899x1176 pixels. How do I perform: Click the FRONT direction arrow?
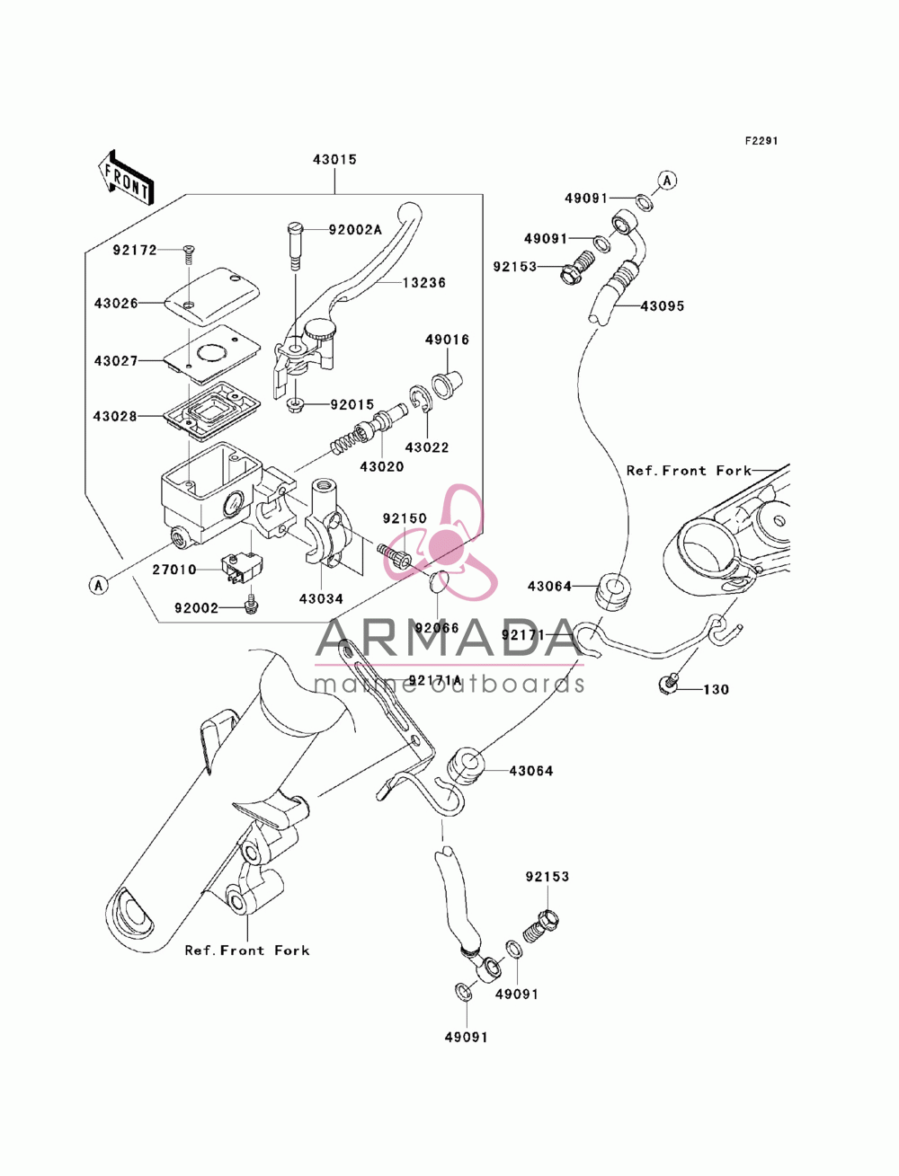tap(126, 177)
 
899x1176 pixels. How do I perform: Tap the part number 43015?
tap(334, 159)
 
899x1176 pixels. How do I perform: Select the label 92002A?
tap(355, 230)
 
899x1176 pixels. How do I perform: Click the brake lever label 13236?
tap(424, 282)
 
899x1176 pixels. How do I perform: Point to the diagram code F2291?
tap(761, 141)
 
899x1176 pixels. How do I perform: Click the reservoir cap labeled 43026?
tap(212, 296)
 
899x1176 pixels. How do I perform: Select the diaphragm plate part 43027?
tap(212, 354)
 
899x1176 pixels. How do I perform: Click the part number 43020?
tap(382, 466)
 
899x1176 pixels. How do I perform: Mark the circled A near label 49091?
tap(667, 181)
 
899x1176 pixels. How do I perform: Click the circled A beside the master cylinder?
tap(98, 585)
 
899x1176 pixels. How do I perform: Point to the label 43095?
tap(663, 306)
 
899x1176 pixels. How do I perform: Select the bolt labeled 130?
tap(668, 683)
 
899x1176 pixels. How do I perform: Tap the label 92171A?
tap(435, 680)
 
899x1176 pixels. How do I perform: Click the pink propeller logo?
tap(441, 542)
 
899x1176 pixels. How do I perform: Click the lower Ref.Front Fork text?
tap(247, 950)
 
